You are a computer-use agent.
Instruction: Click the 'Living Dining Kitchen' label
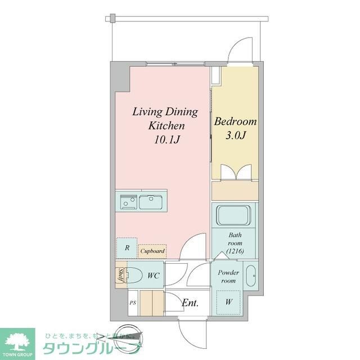(x=165, y=118)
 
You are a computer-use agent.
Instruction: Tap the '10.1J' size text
(x=165, y=138)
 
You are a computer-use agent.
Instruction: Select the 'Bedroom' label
(x=236, y=121)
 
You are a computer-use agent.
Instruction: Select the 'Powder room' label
(x=228, y=276)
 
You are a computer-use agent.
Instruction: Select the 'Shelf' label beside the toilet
(x=120, y=276)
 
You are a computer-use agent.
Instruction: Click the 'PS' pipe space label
(x=133, y=303)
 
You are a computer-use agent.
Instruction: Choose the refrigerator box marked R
(x=127, y=247)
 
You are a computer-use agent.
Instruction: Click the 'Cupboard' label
(x=152, y=252)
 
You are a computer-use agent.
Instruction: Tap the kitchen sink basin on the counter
(x=151, y=200)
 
